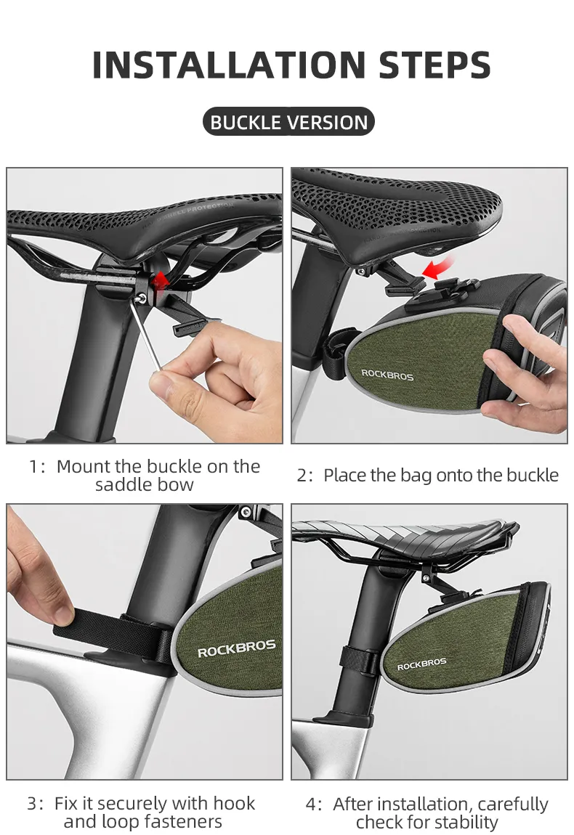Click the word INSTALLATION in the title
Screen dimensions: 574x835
click(x=229, y=65)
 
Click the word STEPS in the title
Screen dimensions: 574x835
click(x=434, y=65)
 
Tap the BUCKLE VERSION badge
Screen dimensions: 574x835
click(x=289, y=122)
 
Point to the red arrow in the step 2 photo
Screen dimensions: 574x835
click(x=438, y=268)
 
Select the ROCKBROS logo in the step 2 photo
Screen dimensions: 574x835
click(x=387, y=375)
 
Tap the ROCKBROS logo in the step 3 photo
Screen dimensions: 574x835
click(x=237, y=648)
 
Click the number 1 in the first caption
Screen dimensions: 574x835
click(x=33, y=466)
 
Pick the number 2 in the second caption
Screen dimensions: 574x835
click(x=302, y=475)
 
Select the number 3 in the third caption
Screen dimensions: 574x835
click(x=33, y=803)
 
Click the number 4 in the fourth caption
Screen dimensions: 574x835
click(x=311, y=804)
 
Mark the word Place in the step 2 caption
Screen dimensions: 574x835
click(x=344, y=475)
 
